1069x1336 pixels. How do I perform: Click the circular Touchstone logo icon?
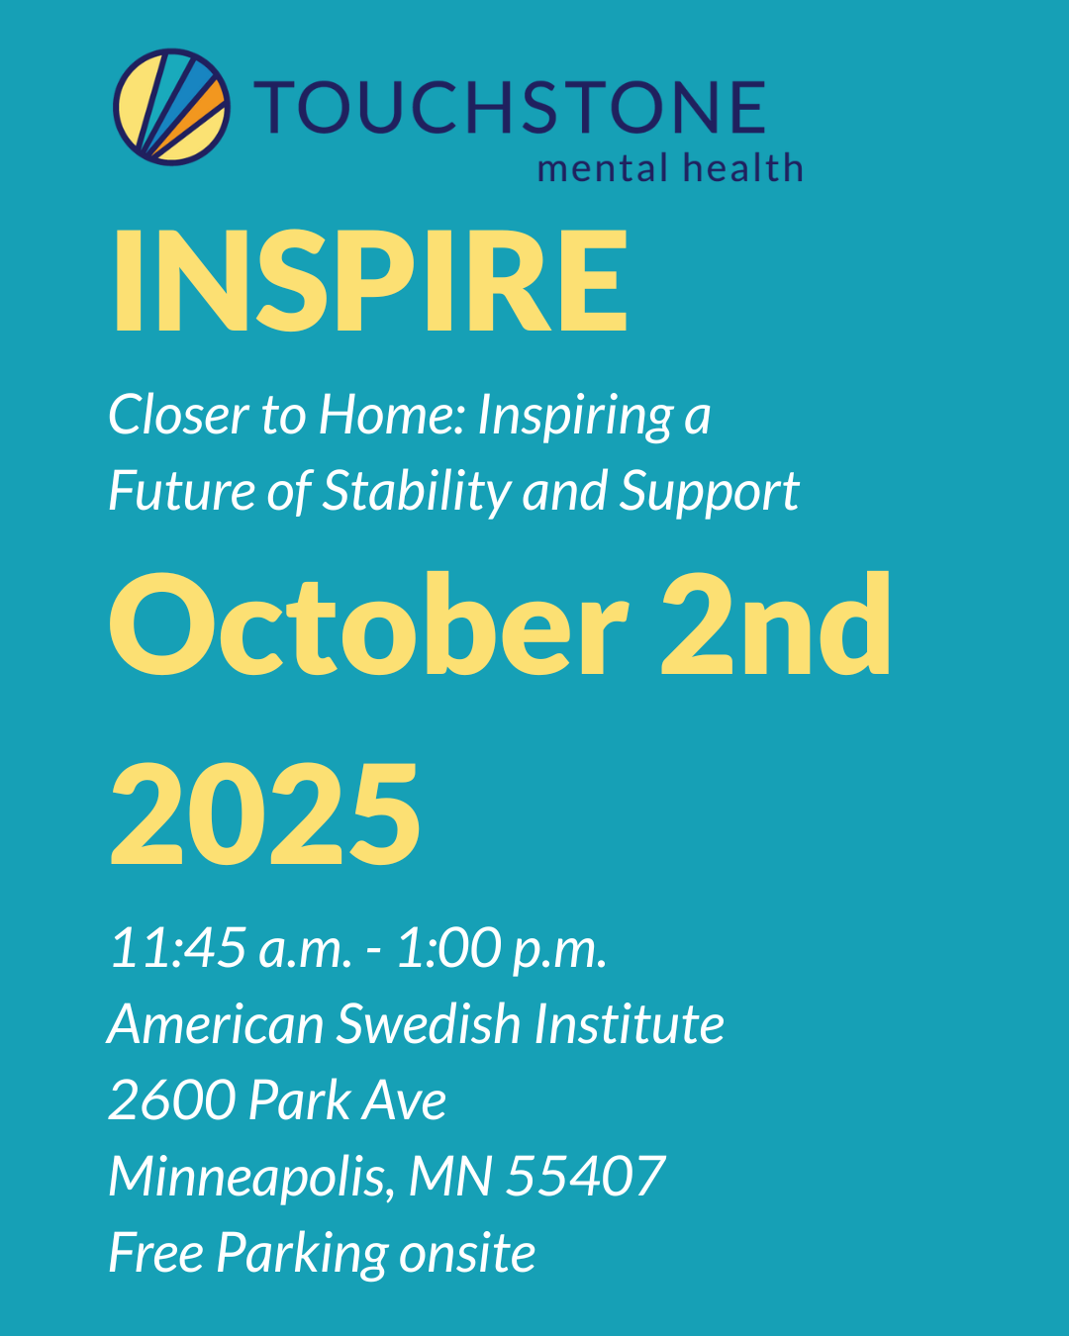[x=171, y=106]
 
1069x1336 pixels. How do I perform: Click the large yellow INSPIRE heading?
[x=368, y=281]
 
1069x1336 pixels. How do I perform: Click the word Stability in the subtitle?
[x=417, y=492]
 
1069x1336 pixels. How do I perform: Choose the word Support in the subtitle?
[x=709, y=493]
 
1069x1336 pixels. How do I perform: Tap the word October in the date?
[x=367, y=625]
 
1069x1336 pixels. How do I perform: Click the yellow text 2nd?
[x=775, y=625]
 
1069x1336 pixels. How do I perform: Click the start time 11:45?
[x=178, y=948]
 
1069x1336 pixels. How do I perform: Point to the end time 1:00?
[x=448, y=948]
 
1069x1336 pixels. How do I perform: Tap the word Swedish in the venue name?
[x=429, y=1023]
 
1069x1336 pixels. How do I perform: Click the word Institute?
[x=630, y=1023]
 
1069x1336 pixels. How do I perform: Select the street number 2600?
[x=171, y=1099]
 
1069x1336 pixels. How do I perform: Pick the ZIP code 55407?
[x=586, y=1177]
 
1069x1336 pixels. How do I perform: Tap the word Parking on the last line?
[x=303, y=1254]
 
